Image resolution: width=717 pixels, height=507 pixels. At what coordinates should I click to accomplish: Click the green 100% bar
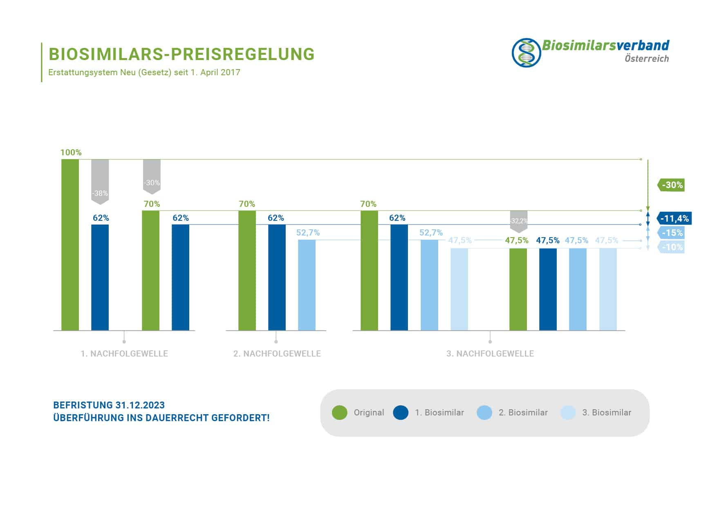coord(70,245)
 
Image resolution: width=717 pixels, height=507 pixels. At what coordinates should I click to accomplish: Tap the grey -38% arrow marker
coord(100,182)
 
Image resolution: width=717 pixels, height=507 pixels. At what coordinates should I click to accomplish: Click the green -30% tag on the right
coord(672,185)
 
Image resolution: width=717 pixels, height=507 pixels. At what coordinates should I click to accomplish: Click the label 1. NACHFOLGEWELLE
coord(124,354)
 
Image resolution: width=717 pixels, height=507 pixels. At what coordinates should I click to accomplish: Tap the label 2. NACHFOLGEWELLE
coord(277,354)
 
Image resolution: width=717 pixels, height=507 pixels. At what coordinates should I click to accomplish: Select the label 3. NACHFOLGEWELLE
coord(490,354)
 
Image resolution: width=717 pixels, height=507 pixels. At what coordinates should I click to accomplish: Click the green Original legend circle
coord(340,413)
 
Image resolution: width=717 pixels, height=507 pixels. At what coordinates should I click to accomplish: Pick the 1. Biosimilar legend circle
coord(401,413)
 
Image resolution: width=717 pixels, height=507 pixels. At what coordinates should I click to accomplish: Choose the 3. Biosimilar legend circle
coord(568,413)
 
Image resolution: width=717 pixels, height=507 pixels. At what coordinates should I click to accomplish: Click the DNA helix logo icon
coord(526,53)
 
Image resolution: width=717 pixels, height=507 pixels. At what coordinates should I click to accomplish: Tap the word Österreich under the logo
coord(647,58)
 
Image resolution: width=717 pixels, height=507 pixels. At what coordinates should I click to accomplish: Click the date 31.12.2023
coord(140,405)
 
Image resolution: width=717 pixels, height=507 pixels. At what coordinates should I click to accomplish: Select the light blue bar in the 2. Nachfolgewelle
coord(307,285)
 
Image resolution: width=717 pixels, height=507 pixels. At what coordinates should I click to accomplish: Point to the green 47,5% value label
coord(516,240)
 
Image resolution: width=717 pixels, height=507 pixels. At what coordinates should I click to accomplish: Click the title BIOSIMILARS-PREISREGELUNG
coord(181,54)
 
